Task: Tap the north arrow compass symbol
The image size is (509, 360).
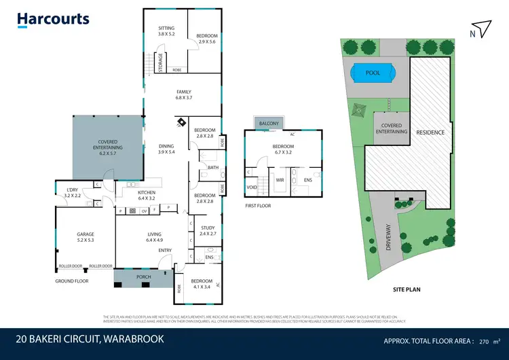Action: [483, 29]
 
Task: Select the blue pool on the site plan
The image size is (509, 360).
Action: [372, 72]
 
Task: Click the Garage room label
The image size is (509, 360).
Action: [86, 237]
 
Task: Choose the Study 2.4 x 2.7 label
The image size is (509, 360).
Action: [208, 231]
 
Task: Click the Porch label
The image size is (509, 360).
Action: [143, 277]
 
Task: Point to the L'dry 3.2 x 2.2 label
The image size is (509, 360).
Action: [72, 192]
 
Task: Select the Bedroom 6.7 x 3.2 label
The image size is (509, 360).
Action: [283, 149]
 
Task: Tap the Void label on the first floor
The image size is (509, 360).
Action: [252, 187]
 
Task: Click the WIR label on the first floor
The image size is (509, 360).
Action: [279, 180]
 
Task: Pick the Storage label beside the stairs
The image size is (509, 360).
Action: [160, 63]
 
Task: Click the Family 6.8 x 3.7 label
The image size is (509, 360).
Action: [184, 95]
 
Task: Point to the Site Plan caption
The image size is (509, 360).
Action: [407, 289]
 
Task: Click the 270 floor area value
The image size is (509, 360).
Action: [485, 341]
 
